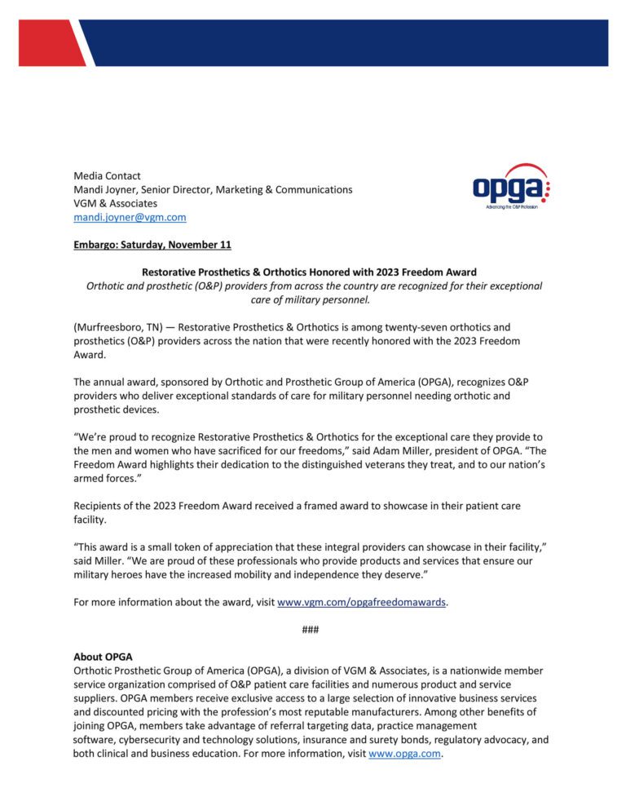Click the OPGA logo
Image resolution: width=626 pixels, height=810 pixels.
coord(510,186)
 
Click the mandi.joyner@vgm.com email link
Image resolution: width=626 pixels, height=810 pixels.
coord(130,217)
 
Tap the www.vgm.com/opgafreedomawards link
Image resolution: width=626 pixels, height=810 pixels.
coord(362,602)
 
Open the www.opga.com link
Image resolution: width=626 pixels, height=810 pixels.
coord(404,754)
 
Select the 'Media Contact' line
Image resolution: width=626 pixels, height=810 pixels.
coord(107,175)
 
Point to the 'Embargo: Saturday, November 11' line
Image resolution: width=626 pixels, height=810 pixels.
coord(152,245)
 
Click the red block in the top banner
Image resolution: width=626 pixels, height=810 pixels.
coord(49,42)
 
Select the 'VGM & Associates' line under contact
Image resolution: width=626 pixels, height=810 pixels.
coord(115,203)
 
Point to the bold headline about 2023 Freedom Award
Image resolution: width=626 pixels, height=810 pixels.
coord(309,272)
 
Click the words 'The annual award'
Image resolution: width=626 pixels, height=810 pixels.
coord(114,382)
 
